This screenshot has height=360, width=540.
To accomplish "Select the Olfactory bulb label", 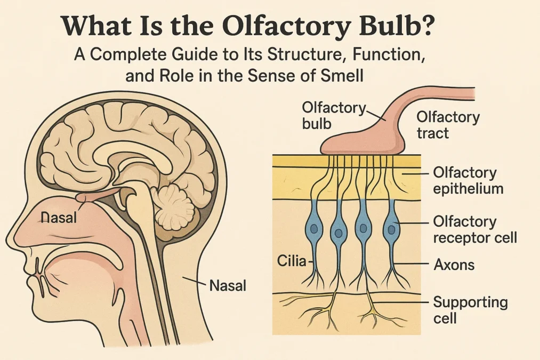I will click(333, 115).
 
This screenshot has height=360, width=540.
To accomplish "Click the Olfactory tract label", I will click(447, 124).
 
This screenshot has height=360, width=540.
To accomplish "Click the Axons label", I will click(454, 264).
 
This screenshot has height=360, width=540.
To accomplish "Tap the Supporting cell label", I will click(470, 310).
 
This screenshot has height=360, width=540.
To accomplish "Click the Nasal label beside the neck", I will click(228, 285).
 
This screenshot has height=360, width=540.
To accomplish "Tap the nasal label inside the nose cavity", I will click(59, 217).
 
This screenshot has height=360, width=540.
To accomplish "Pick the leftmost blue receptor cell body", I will click(313, 229).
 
